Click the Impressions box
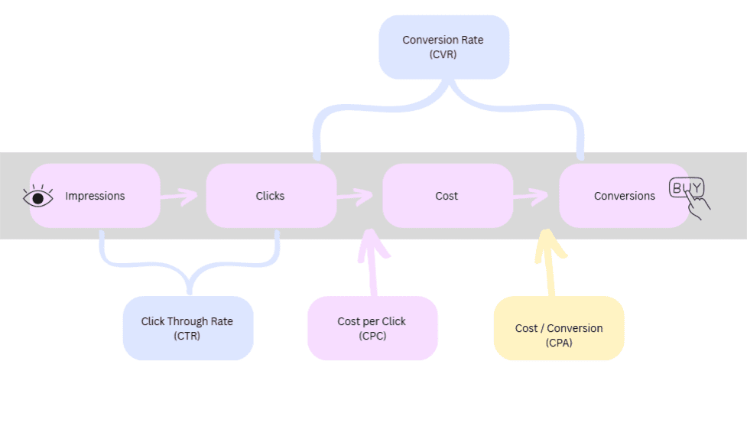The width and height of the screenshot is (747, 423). (x=95, y=196)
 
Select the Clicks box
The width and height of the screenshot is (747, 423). (x=271, y=196)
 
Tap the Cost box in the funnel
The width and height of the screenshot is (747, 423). (x=447, y=196)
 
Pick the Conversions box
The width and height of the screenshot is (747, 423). (x=624, y=196)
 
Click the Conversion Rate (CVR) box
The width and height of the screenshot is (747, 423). (x=443, y=47)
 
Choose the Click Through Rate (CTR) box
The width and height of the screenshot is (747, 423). (x=187, y=328)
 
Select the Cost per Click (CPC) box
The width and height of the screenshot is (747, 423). (x=372, y=328)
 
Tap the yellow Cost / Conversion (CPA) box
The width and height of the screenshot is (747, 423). (x=559, y=328)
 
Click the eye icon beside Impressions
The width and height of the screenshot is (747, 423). (x=38, y=197)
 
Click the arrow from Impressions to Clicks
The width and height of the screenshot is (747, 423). (x=179, y=198)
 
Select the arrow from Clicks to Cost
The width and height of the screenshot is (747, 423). (x=355, y=196)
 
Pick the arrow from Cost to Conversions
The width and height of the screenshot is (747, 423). (x=531, y=197)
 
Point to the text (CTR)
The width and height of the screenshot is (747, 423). (x=187, y=335)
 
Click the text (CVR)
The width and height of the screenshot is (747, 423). (x=443, y=54)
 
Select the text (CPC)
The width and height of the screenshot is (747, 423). (x=372, y=335)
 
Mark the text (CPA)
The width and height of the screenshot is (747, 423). (x=559, y=343)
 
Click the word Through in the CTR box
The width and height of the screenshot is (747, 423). (x=188, y=321)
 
